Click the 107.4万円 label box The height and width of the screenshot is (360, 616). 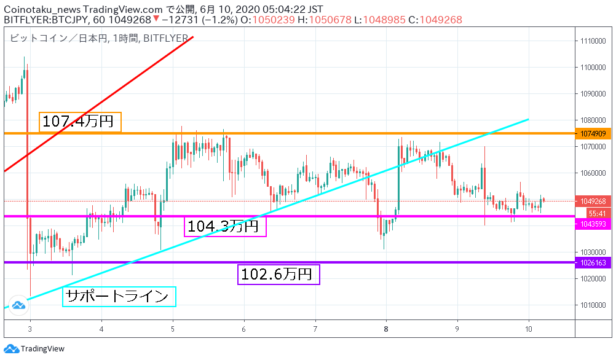pyautogui.click(x=80, y=122)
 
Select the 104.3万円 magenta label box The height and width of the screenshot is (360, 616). pyautogui.click(x=225, y=227)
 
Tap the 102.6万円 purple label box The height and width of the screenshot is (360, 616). pyautogui.click(x=278, y=275)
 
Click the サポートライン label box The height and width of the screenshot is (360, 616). pyautogui.click(x=119, y=296)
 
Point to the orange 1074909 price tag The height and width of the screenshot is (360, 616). pyautogui.click(x=593, y=133)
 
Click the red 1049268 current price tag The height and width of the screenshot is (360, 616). pyautogui.click(x=593, y=201)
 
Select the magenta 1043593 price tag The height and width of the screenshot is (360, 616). pyautogui.click(x=593, y=224)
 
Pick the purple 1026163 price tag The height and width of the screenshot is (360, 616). pyautogui.click(x=593, y=263)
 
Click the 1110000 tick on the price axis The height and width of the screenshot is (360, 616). pyautogui.click(x=593, y=41)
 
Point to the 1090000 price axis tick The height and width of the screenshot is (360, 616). pyautogui.click(x=593, y=94)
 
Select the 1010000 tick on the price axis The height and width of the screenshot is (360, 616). pyautogui.click(x=593, y=305)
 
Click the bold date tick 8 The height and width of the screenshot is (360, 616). pyautogui.click(x=386, y=329)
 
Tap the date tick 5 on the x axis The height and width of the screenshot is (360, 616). pyautogui.click(x=173, y=329)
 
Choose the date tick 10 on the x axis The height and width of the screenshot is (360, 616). pyautogui.click(x=528, y=329)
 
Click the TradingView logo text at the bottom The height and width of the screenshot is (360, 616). pyautogui.click(x=42, y=348)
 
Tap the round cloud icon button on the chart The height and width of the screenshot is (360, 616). pyautogui.click(x=18, y=305)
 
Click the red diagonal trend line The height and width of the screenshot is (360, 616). pyautogui.click(x=98, y=104)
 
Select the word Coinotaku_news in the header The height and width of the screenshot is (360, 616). pyautogui.click(x=42, y=9)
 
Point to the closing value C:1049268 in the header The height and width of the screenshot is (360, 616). pyautogui.click(x=435, y=20)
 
